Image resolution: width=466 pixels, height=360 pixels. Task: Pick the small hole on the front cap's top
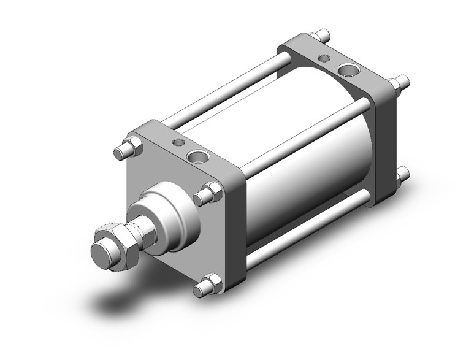coord(178,143)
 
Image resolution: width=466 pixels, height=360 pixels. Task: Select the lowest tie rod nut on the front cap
coord(208,286)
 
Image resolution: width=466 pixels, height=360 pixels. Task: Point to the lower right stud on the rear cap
coord(402,175)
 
